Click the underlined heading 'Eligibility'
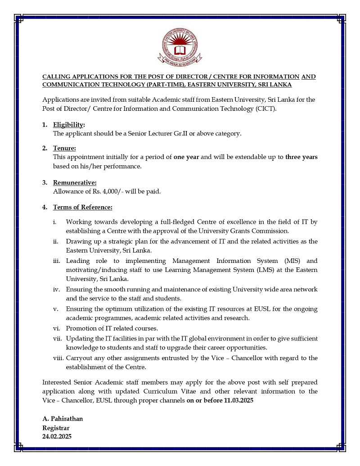point(68,125)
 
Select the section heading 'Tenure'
point(64,148)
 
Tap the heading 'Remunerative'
point(75,182)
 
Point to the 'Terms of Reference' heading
point(82,207)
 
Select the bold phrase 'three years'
point(301,157)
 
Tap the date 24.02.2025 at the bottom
point(57,436)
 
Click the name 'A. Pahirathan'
point(63,419)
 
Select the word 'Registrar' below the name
point(56,428)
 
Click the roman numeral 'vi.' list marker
point(56,328)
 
